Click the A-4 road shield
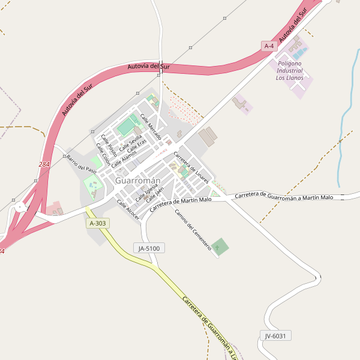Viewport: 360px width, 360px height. point(269,46)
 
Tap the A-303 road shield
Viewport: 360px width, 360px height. point(97,223)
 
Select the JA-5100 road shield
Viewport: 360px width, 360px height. point(149,248)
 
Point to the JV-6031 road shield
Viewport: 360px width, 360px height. point(276,335)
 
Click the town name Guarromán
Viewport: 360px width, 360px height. point(137,181)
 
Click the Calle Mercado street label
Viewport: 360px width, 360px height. point(151,127)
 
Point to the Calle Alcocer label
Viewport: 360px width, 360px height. point(128,209)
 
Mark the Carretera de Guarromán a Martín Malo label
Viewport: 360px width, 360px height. point(284,196)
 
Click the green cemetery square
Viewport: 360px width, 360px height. point(220,246)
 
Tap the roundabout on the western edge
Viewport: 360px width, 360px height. point(20,208)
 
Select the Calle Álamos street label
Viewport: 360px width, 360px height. point(124,158)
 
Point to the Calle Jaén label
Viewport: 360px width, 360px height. point(155,195)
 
